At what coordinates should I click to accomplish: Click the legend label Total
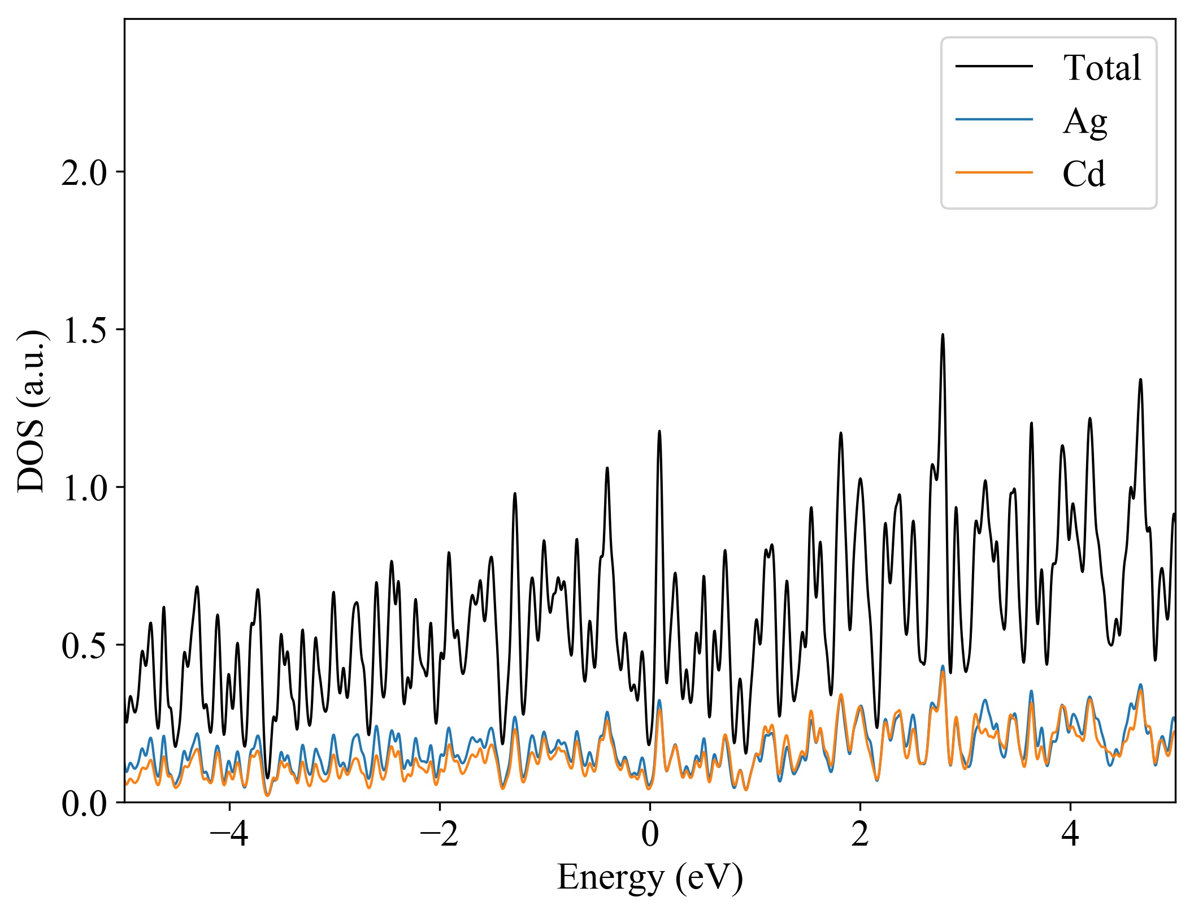tap(1101, 68)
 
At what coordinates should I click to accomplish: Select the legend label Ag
tap(1084, 121)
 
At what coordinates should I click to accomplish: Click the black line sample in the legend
tap(994, 67)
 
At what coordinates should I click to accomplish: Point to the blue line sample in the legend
tap(994, 119)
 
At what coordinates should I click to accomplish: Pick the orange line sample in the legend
tap(994, 172)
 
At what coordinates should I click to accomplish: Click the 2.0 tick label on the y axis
tap(84, 173)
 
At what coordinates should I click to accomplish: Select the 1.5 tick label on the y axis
tap(84, 331)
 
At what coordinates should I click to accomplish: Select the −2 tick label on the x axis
tap(439, 834)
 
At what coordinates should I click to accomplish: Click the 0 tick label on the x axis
tap(650, 834)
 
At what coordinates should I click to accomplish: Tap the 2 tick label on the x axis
tap(860, 834)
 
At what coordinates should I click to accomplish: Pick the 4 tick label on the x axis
tap(1070, 834)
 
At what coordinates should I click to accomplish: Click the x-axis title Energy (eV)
tap(650, 878)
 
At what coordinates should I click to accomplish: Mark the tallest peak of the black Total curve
tap(943, 335)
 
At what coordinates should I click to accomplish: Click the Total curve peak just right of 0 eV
tap(659, 432)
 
